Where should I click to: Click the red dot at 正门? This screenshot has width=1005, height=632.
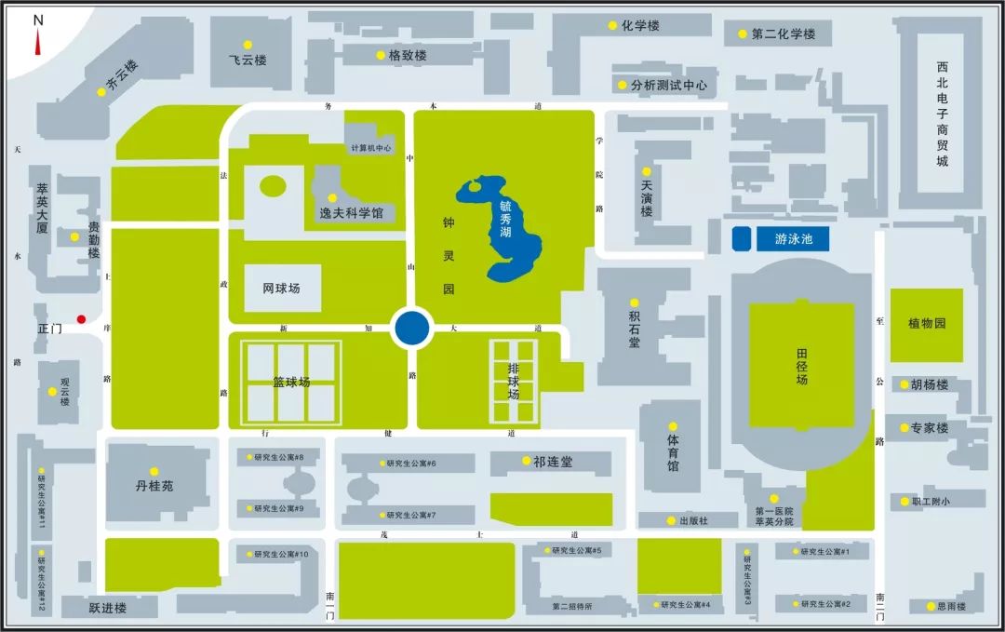81,318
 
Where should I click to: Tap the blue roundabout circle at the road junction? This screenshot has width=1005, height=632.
411,329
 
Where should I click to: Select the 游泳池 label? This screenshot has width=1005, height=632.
794,239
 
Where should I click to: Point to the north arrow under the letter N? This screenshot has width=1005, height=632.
38,41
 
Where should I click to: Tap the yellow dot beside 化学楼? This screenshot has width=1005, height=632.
612,26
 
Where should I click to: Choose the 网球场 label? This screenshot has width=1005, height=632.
282,289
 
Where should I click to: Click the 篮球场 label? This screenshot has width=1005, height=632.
291,383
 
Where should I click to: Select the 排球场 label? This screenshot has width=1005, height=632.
514,382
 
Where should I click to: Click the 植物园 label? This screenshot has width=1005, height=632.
927,324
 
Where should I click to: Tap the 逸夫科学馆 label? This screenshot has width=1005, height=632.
351,213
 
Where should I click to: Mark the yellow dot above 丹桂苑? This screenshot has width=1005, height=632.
154,471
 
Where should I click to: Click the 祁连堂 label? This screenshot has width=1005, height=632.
554,462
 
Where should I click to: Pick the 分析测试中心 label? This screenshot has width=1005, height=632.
668,85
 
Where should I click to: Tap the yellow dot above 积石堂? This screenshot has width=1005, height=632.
634,303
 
